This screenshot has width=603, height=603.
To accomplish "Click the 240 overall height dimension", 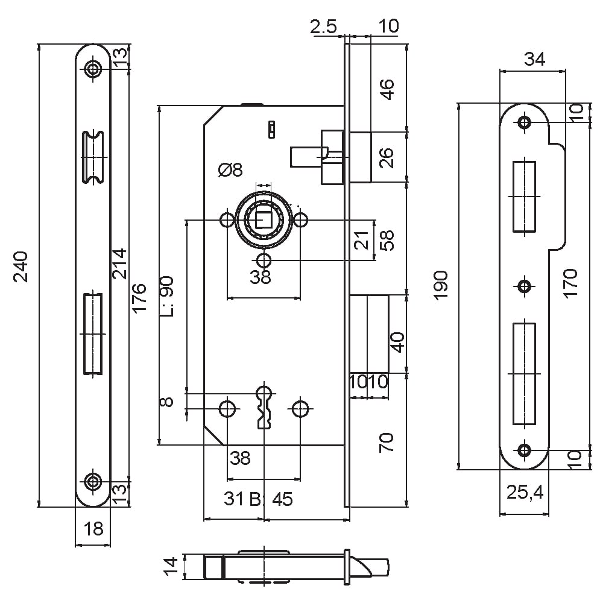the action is (21, 267).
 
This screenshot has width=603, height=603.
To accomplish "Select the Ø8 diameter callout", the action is (230, 169).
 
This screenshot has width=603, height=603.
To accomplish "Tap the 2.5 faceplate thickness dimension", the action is (323, 27).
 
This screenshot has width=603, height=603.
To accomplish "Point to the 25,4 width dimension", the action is (525, 492).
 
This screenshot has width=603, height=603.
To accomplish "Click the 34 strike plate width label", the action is (534, 59).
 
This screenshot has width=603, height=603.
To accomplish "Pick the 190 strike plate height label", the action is (441, 285).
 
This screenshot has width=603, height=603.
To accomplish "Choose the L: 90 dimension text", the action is (166, 296).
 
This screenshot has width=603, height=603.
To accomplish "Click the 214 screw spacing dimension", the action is (119, 264).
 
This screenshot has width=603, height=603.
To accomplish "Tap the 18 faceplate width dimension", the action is (93, 529).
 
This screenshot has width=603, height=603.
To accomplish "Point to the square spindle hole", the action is (264, 219).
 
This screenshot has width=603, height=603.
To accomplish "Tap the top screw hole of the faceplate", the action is (93, 69).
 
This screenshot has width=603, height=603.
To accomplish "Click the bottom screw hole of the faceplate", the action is (93, 481).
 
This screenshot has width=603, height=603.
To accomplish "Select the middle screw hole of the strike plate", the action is (524, 286).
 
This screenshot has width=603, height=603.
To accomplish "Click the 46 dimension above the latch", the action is (387, 90).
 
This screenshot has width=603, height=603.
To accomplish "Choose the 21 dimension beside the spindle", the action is (361, 241).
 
